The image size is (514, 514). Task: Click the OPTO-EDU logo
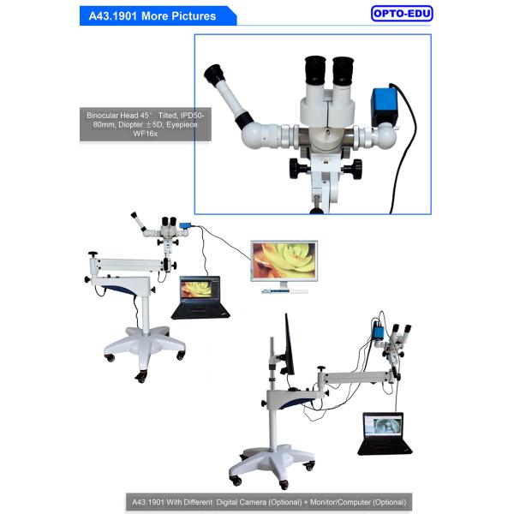pos(402,14)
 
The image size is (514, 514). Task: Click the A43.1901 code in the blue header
pos(112,16)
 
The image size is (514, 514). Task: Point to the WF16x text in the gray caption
pos(146,134)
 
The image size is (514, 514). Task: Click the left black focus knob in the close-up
pos(299,169)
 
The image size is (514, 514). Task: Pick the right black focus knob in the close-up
pos(352,169)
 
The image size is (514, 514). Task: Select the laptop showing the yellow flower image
pos(200,297)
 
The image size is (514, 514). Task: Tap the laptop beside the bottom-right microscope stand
pos(384,433)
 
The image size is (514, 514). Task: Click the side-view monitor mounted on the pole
pos(290,345)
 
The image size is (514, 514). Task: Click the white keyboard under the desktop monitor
pos(285,291)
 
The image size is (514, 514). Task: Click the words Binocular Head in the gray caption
pos(112,116)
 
